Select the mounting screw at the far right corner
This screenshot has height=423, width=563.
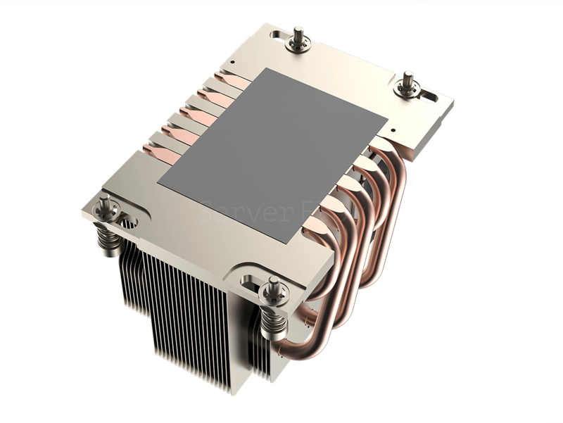coord(407,84)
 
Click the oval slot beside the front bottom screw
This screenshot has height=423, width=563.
coord(249,281)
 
